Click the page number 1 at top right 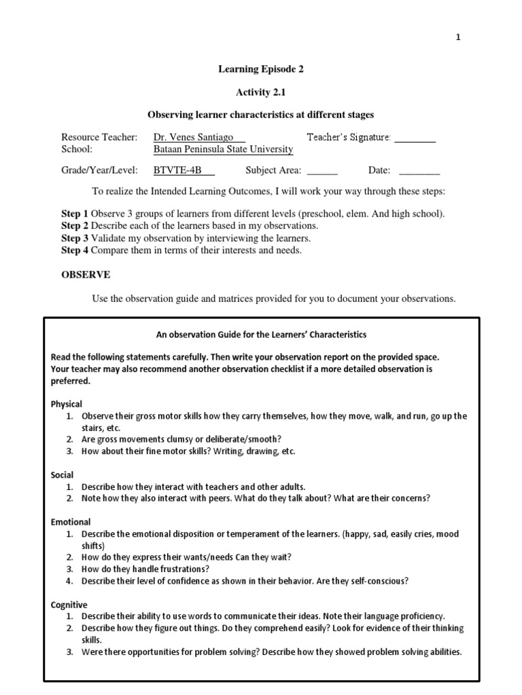tap(458, 37)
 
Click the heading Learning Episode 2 tap(257, 69)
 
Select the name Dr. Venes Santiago tap(194, 137)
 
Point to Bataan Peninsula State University tap(224, 149)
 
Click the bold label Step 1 tap(75, 214)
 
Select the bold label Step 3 tap(75, 238)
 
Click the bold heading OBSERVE tap(86, 274)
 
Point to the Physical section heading tap(67, 404)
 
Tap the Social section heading tap(63, 475)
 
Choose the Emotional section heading tap(71, 522)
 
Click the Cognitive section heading tap(69, 605)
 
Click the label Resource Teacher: tap(99, 137)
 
